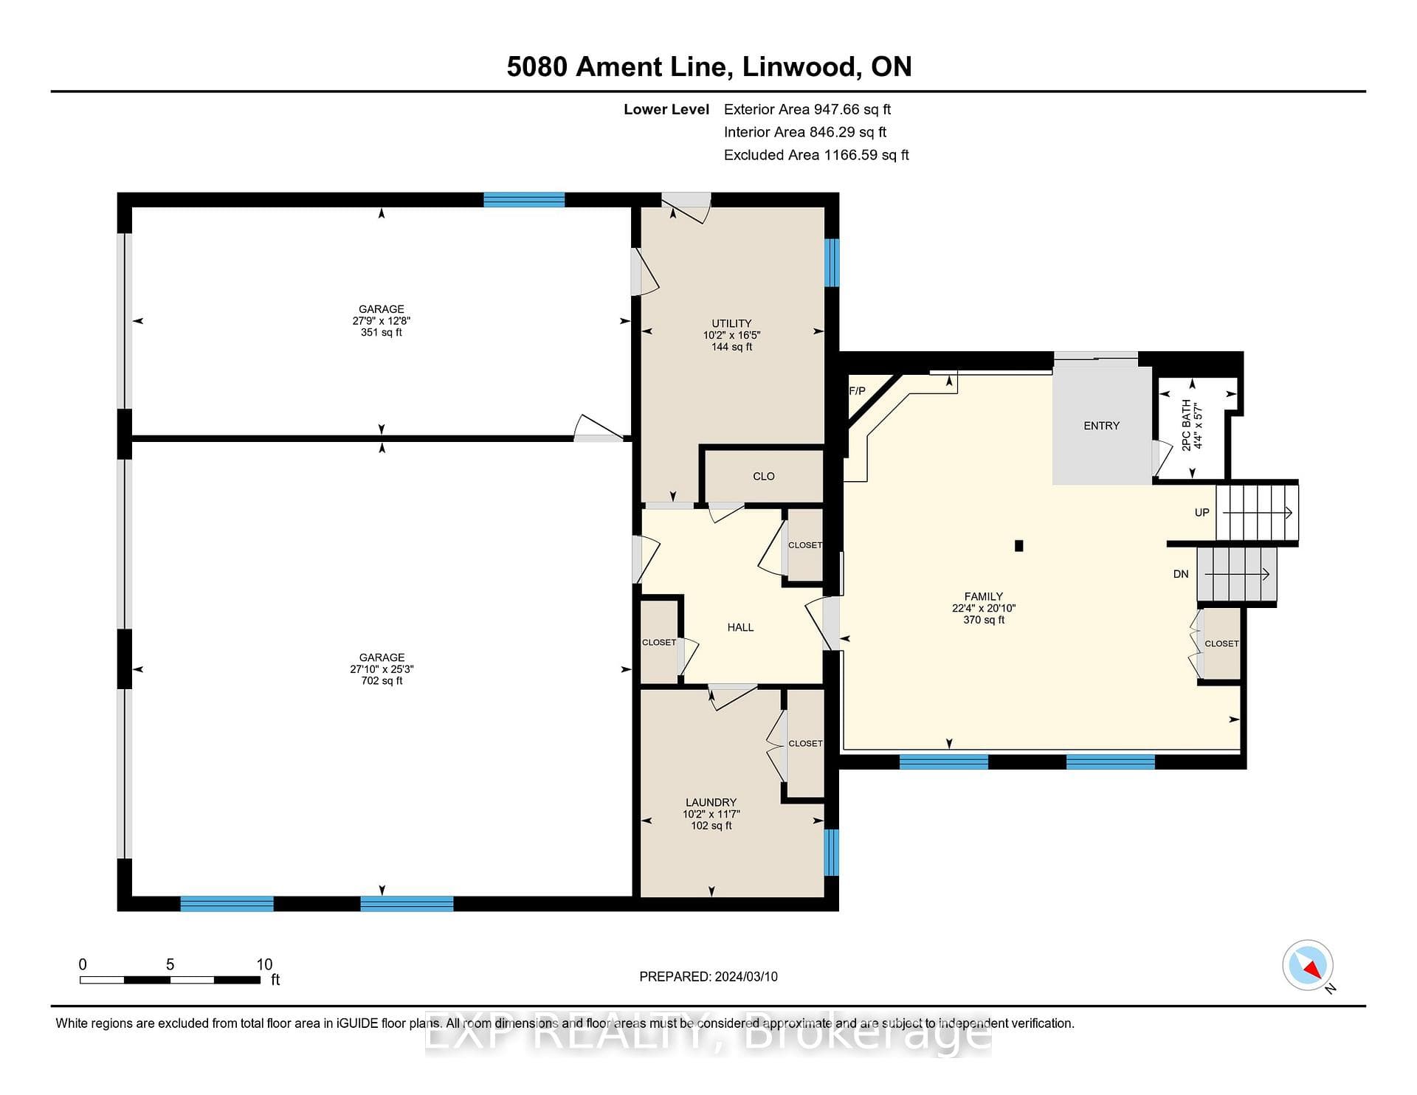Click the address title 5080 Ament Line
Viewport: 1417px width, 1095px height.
pyautogui.click(x=619, y=67)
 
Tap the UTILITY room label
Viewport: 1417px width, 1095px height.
pyautogui.click(x=731, y=323)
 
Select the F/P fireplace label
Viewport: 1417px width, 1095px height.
pyautogui.click(x=857, y=391)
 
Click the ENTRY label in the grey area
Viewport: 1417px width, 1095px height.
pyautogui.click(x=1101, y=426)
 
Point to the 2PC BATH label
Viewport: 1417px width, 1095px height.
pyautogui.click(x=1187, y=425)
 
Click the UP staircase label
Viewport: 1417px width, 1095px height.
pyautogui.click(x=1202, y=512)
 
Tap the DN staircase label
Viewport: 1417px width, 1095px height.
pyautogui.click(x=1181, y=574)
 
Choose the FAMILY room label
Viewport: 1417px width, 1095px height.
pyautogui.click(x=984, y=596)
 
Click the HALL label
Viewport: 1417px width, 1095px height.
pyautogui.click(x=740, y=627)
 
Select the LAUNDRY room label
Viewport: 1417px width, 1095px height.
pyautogui.click(x=711, y=802)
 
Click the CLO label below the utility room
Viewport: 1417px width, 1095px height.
pyautogui.click(x=764, y=476)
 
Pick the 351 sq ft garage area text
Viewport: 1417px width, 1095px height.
pyautogui.click(x=382, y=332)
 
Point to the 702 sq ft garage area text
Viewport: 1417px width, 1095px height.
pyautogui.click(x=382, y=680)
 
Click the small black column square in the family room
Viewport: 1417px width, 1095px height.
pyautogui.click(x=1019, y=546)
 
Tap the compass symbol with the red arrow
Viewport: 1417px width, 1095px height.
pyautogui.click(x=1308, y=965)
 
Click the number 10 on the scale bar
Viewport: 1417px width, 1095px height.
pyautogui.click(x=264, y=964)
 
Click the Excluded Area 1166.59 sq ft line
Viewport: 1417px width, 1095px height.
pyautogui.click(x=816, y=155)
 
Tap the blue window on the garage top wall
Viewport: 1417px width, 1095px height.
pyautogui.click(x=524, y=199)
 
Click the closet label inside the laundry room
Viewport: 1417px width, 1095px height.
pyautogui.click(x=805, y=743)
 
